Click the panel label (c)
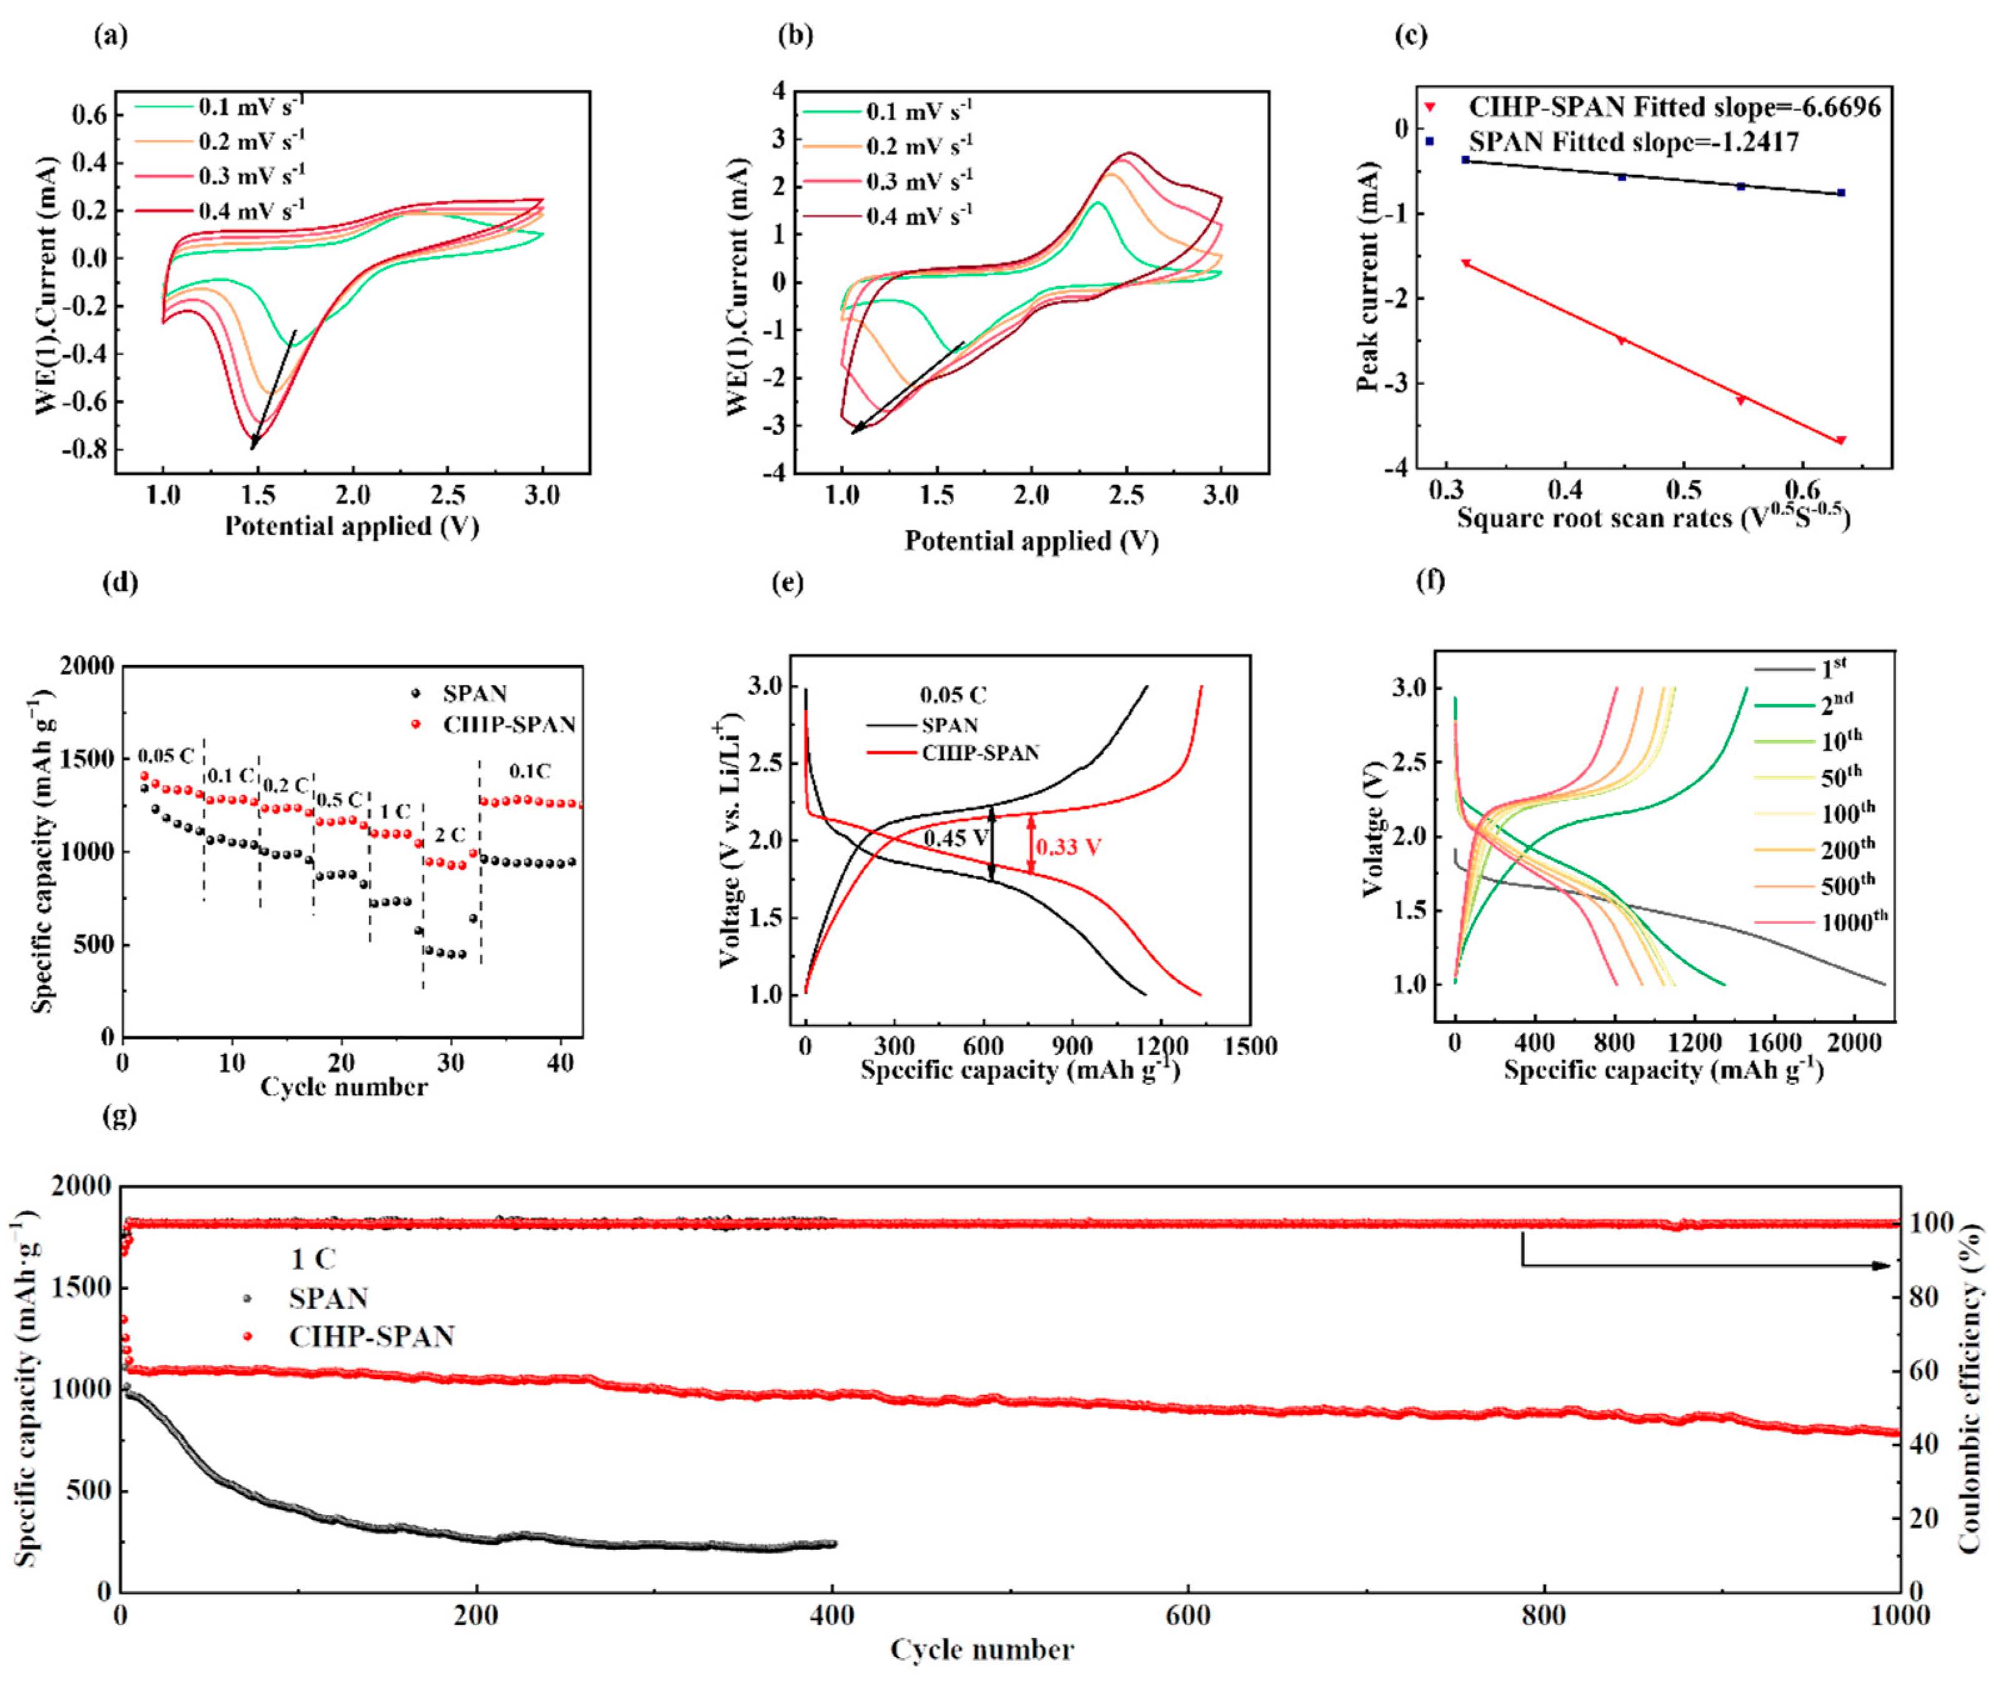1411,36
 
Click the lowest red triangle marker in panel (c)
1841,441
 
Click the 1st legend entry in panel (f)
1833,667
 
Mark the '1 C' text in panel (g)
313,1259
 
